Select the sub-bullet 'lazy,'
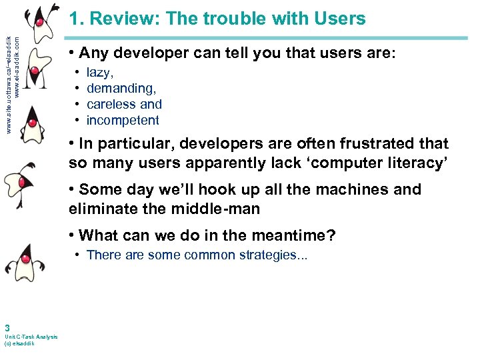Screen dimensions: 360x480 [x=100, y=73]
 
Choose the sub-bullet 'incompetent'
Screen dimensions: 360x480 [x=123, y=121]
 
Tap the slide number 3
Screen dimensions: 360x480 [x=7, y=327]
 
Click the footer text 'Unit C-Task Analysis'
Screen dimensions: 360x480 [x=31, y=337]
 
